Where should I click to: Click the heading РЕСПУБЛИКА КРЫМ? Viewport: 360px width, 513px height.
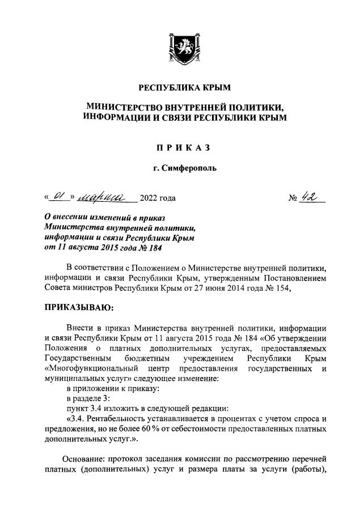click(x=180, y=88)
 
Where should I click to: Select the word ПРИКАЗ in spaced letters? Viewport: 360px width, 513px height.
click(x=180, y=148)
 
